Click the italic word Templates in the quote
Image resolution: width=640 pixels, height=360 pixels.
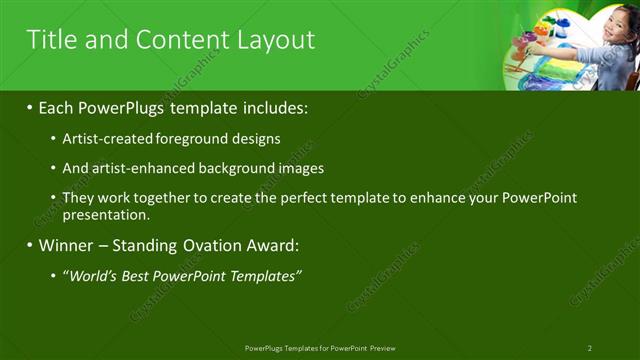pyautogui.click(x=262, y=275)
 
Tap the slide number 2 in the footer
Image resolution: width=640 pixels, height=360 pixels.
pyautogui.click(x=589, y=348)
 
